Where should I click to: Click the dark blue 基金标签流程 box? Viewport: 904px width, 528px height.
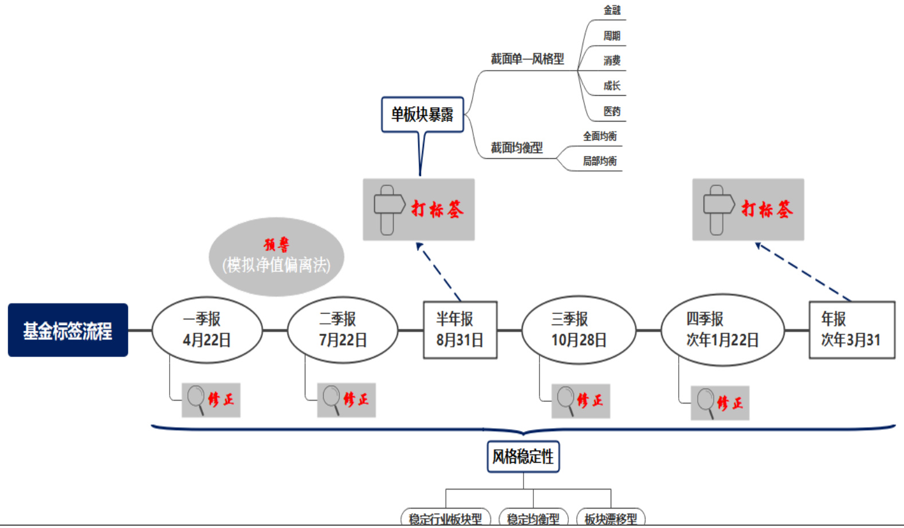pos(68,330)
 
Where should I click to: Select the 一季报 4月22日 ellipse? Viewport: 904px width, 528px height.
pos(207,330)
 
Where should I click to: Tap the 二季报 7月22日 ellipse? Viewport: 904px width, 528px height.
pos(343,330)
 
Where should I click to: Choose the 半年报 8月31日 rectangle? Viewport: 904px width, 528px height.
pos(459,330)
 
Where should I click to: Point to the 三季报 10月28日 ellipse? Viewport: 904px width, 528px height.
pos(579,330)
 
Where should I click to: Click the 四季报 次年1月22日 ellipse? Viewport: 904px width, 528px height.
pos(722,330)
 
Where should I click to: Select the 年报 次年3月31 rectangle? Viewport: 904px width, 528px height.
pos(851,330)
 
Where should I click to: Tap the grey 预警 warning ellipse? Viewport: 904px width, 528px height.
pos(276,256)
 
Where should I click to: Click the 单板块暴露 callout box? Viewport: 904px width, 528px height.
pos(422,115)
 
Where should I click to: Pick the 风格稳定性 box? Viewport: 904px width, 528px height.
pos(523,456)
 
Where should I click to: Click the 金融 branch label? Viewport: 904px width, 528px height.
pos(612,10)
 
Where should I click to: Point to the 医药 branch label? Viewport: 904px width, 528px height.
pos(612,111)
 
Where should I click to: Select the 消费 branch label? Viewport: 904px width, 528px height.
pos(612,61)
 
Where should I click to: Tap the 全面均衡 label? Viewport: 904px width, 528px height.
pos(600,136)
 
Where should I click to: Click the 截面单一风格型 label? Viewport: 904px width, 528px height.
pos(527,59)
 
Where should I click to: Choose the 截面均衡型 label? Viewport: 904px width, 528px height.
pos(517,148)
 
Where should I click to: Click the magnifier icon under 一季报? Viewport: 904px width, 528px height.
pos(196,398)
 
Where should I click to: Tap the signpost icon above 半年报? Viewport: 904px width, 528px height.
pos(388,209)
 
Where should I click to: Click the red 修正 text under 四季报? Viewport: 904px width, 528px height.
pos(729,403)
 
